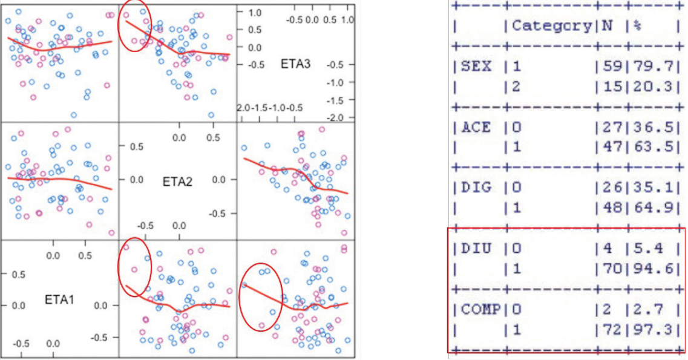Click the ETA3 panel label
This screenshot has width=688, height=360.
point(295,63)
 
